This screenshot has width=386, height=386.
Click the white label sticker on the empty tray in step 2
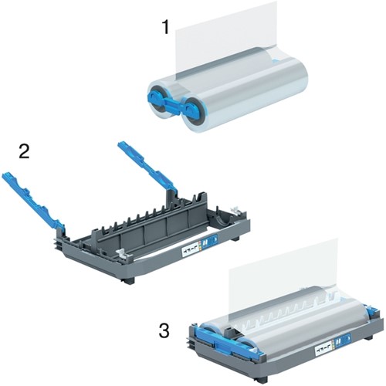(190, 250)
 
